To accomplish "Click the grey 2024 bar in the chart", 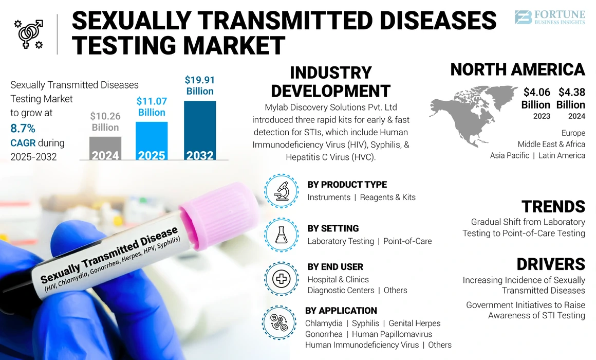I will point(105,148).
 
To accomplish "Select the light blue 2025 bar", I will point(152,140).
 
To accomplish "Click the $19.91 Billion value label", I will point(200,85).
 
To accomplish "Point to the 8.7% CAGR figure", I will point(23,128).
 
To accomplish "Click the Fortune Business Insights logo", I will point(550,17).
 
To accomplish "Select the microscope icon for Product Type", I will point(281,191).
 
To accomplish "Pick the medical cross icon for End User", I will point(281,279).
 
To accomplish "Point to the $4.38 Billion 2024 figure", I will point(571,98).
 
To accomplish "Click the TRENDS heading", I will point(553,207).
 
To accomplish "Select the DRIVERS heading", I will point(550,264).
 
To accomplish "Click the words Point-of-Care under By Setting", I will point(407,241).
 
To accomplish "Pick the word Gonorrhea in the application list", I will point(324,334).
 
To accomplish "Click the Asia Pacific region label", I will point(509,155).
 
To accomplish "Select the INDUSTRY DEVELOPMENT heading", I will point(330,82).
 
